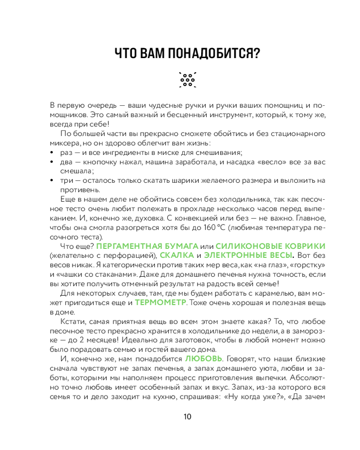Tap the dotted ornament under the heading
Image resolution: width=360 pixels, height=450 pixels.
tap(188, 79)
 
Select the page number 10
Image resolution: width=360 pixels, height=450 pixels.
tap(188, 416)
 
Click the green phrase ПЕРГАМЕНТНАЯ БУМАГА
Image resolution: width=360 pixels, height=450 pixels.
tap(148, 246)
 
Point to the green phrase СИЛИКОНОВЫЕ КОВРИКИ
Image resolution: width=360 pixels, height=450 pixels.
tap(270, 246)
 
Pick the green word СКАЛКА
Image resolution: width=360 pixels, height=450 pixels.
tap(173, 255)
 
